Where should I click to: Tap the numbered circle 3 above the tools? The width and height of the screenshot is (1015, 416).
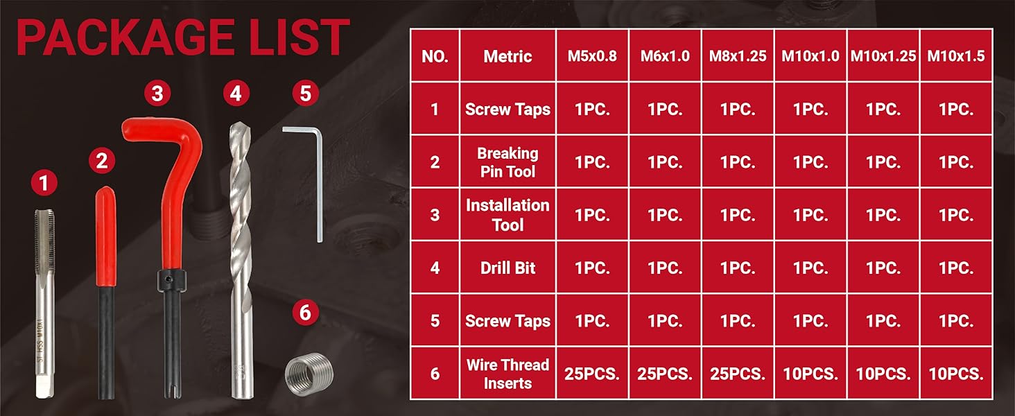157,94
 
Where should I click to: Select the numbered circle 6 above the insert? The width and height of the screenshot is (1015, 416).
305,312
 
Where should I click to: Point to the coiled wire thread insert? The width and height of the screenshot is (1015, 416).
309,374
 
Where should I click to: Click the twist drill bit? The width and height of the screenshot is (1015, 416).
241,261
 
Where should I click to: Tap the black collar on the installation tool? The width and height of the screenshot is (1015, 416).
172,281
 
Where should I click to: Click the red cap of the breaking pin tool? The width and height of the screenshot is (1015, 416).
106,236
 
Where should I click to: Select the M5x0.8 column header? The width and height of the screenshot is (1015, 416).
592,55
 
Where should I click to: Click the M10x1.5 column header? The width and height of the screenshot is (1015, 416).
956,55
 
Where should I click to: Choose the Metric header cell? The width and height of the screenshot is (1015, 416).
507,55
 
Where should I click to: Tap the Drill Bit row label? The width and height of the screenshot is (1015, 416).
507,268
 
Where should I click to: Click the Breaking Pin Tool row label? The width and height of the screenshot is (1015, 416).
507,162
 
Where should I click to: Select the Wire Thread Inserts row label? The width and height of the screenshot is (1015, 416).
507,374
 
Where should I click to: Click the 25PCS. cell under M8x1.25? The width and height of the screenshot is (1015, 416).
738,374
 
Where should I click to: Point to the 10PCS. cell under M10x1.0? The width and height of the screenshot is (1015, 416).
810,374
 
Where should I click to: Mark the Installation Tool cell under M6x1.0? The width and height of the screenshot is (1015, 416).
665,215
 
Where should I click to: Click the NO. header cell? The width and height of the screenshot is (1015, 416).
435,55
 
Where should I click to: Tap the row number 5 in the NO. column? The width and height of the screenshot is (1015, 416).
435,321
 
